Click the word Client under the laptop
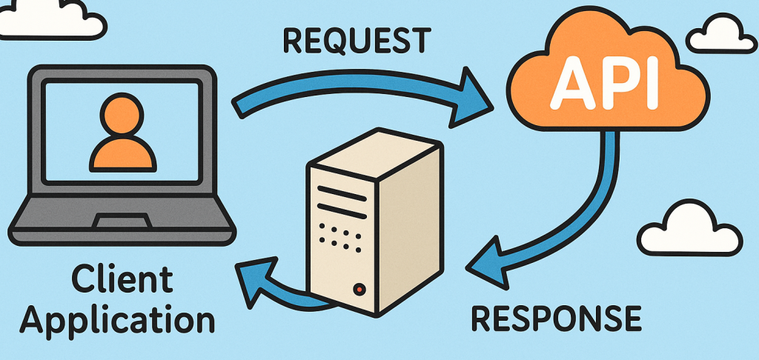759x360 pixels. pos(122,281)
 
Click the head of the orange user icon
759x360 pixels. pos(122,116)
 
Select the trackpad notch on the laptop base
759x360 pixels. pos(121,220)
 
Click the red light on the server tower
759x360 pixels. pos(360,288)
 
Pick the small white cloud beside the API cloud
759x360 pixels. pos(715,33)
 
